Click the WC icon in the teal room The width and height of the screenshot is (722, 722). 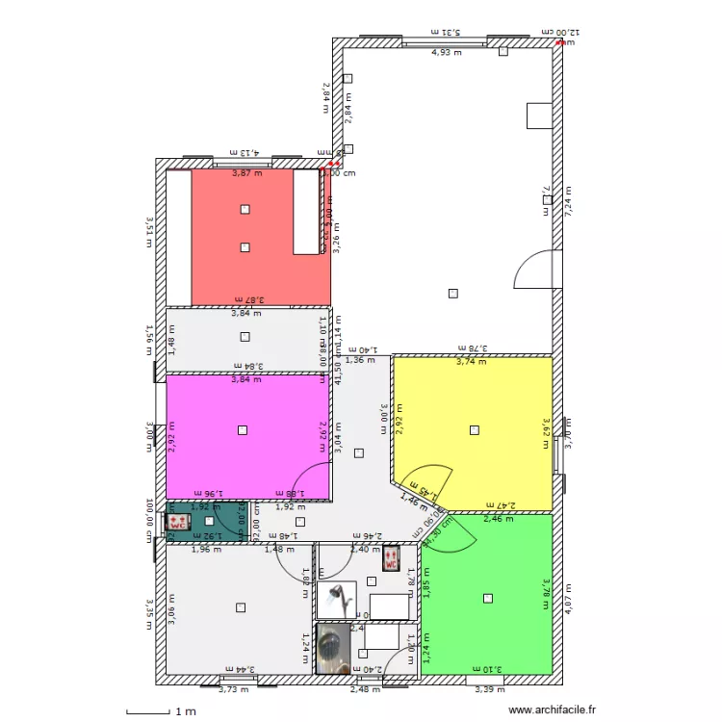178,523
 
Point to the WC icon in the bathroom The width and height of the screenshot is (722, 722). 390,559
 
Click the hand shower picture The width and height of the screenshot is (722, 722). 337,599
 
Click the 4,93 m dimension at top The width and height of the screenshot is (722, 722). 446,52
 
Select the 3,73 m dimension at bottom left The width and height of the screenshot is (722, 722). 234,688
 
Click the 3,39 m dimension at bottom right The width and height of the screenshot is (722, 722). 490,688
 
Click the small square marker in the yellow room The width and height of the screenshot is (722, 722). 473,430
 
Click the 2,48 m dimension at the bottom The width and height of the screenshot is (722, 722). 365,688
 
